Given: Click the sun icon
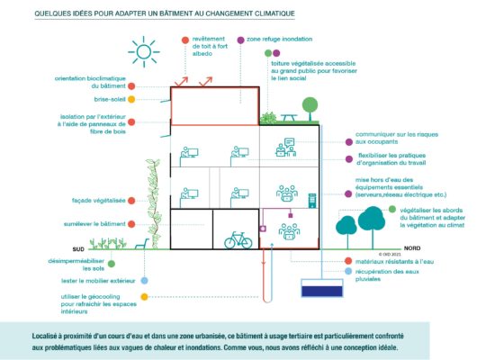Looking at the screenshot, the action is pos(144,52).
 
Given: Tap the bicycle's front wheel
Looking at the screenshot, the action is pos(246,242).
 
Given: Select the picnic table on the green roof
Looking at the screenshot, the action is pos(289,118).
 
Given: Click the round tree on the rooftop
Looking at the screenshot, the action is pos(310,108).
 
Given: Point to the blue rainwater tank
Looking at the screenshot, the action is pos(322,288).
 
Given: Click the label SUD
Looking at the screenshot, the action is pos(78,249).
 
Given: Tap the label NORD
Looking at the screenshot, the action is pos(411,248).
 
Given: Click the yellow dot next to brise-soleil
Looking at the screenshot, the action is pos(131,100).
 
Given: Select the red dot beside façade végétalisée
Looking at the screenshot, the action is pos(131,201).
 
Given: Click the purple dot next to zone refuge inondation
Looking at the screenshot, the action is pos(240,40).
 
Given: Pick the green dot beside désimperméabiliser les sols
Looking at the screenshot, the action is pos(111,264).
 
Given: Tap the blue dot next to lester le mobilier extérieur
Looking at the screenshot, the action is pos(144,281).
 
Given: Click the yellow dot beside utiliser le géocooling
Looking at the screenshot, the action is pos(144,297).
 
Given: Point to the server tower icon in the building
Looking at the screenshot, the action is pos(312,201).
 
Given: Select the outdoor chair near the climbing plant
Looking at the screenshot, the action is pos(142,244).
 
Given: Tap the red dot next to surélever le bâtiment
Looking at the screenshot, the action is pos(131,224).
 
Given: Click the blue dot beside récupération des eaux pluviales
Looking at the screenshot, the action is pos(348,271).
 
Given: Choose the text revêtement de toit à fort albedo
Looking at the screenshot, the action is pos(210,46).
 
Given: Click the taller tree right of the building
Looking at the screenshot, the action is pos(372,222).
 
